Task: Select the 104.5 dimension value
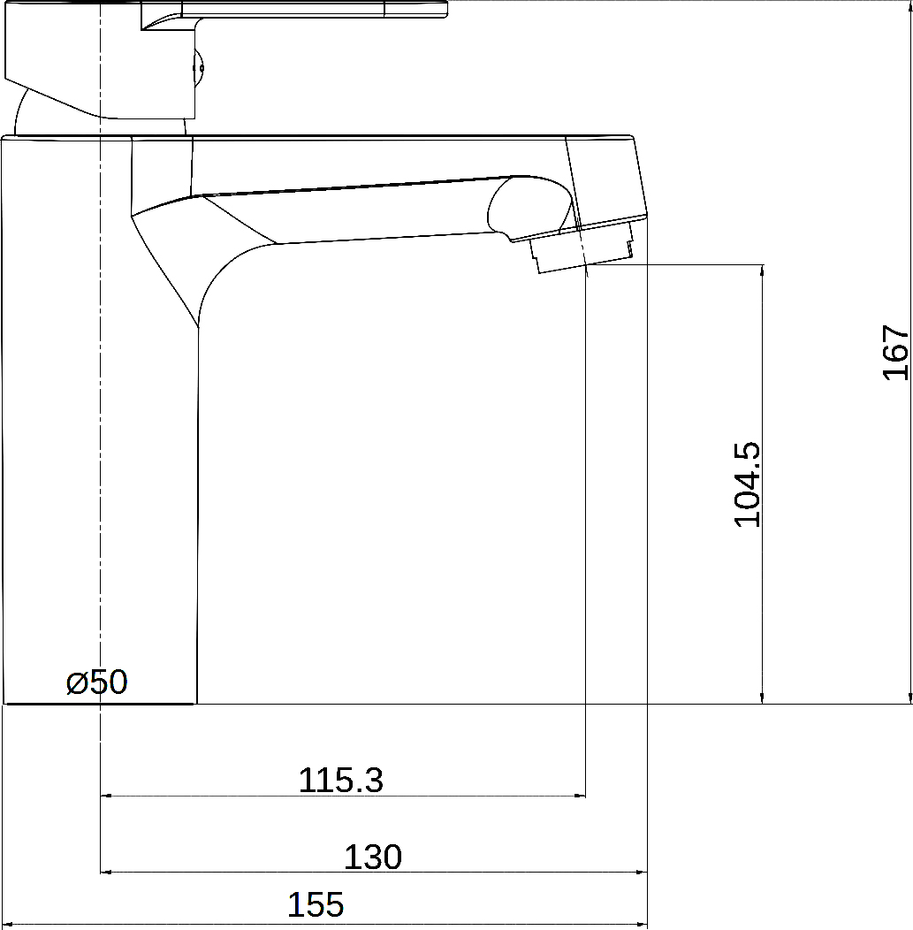pos(747,484)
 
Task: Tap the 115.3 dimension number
pos(341,780)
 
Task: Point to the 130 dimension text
pos(373,857)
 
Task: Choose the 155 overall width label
pos(316,904)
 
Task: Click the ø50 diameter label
pos(96,682)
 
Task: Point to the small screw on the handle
pos(200,67)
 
